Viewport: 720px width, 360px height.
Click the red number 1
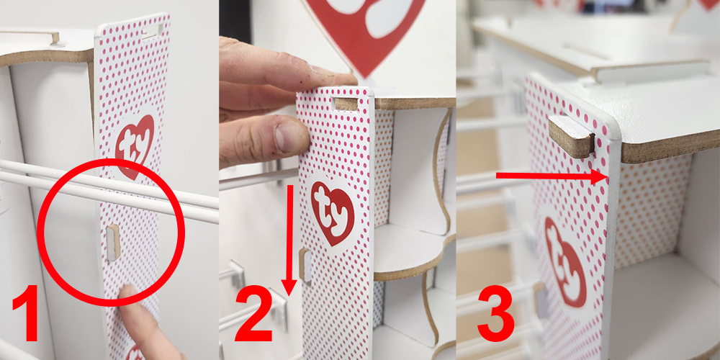click(x=25, y=313)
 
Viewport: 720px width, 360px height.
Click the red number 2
click(x=255, y=314)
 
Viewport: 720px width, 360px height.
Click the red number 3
click(x=495, y=314)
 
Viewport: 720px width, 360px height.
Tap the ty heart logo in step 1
click(x=135, y=146)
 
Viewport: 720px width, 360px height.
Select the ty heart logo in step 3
click(x=564, y=261)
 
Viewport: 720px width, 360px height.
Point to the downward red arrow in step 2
click(x=289, y=240)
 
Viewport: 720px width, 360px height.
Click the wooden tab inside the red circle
click(x=113, y=242)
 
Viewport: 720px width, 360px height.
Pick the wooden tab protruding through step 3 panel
click(x=572, y=137)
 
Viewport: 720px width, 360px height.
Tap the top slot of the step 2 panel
click(x=347, y=104)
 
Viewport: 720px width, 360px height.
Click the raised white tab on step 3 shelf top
click(x=649, y=71)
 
